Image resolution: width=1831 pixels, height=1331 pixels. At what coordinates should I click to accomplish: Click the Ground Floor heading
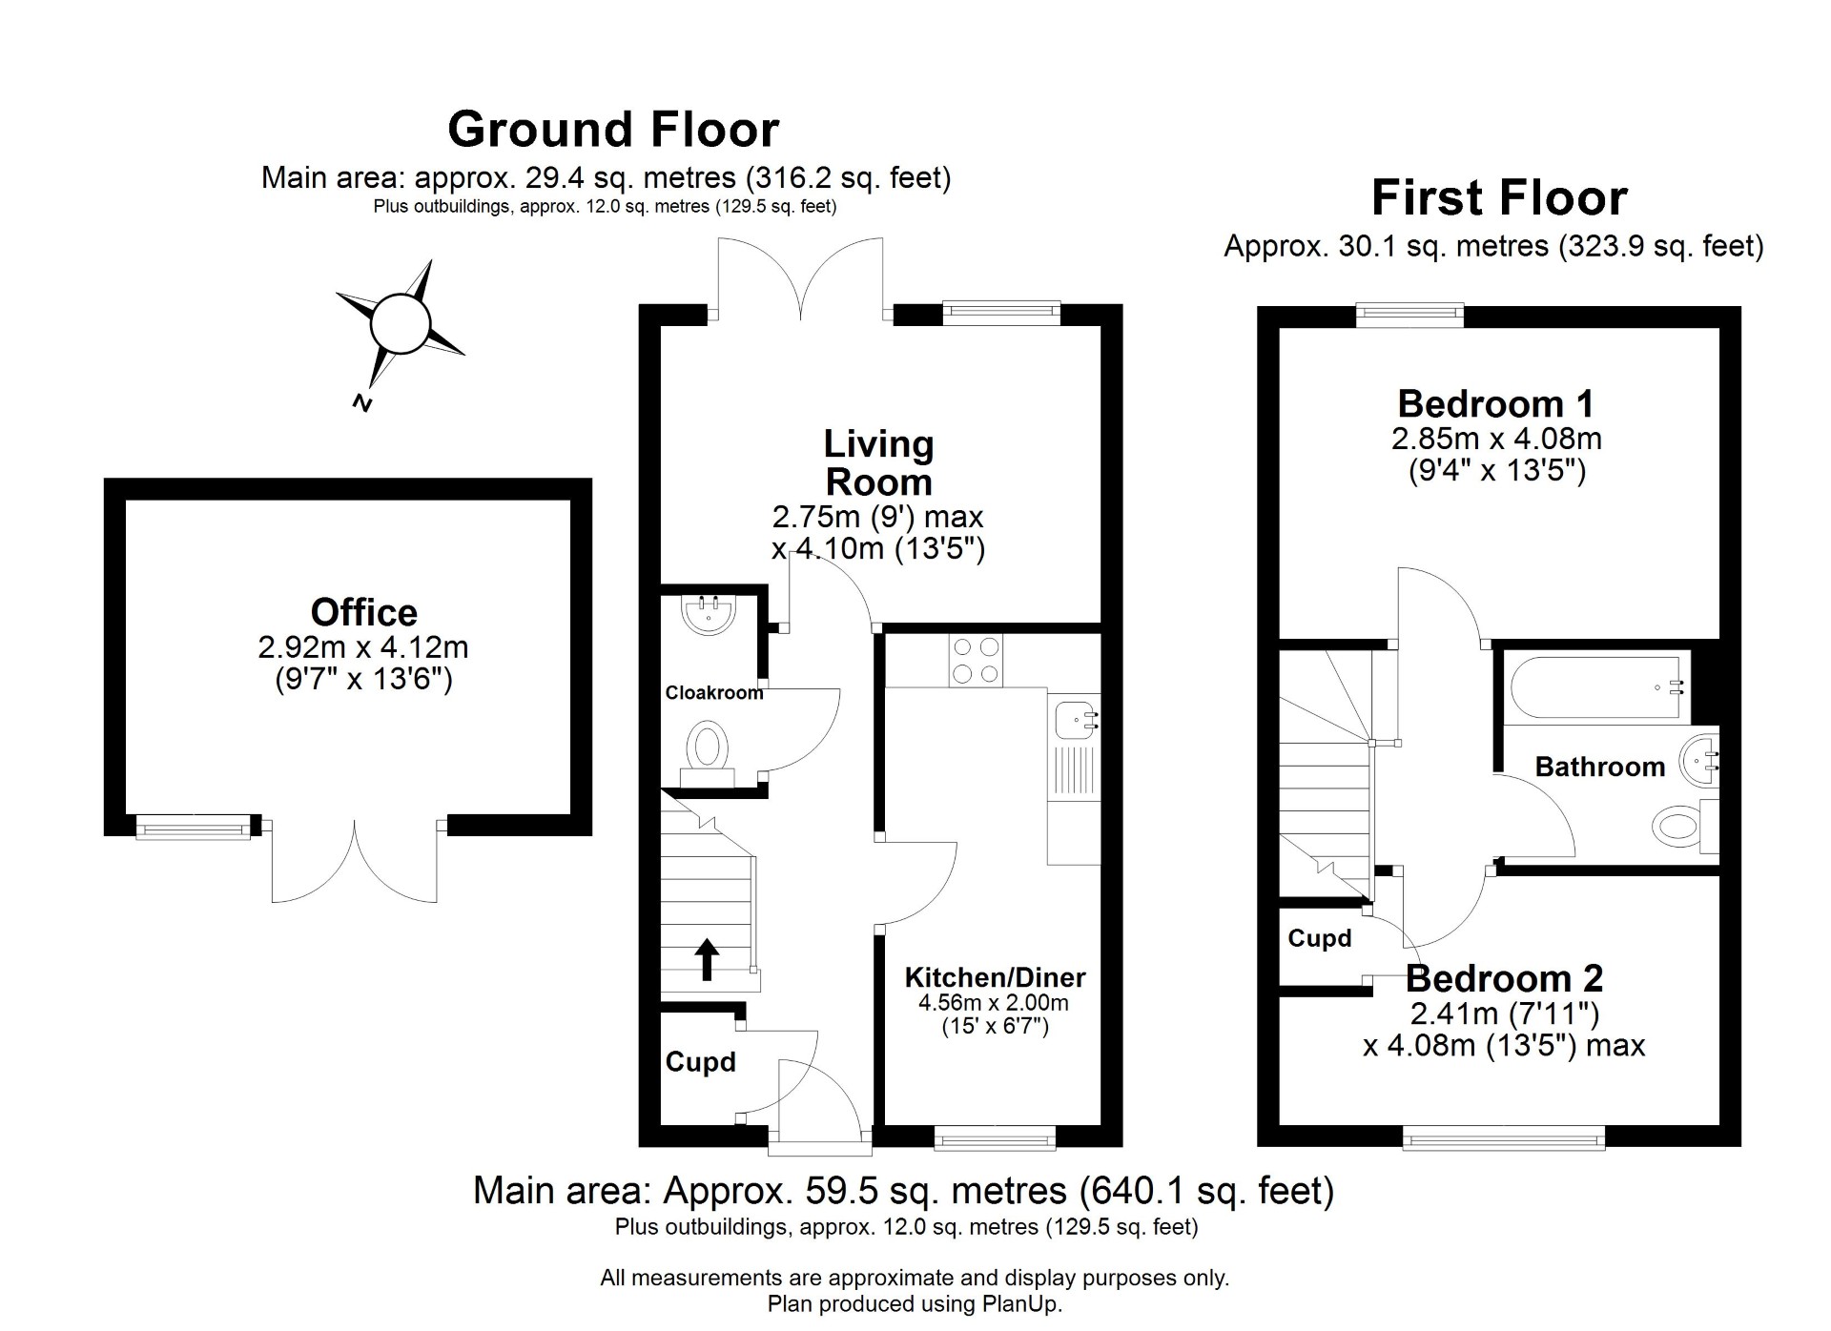pos(613,130)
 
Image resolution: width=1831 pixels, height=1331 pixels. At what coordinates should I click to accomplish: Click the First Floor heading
pos(1499,198)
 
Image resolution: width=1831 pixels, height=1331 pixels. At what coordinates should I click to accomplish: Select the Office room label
pos(364,612)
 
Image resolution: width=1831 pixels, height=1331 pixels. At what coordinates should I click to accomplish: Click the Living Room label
pos(878,462)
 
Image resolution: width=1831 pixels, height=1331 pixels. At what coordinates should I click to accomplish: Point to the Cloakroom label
pos(714,693)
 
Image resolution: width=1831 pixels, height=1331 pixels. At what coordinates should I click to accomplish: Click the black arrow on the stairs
pos(707,958)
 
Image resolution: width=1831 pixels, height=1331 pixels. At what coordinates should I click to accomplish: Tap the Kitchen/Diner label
pos(995,977)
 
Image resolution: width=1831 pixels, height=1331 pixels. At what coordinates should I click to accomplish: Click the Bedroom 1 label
pos(1495,404)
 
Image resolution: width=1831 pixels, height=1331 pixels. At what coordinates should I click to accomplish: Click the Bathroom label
pos(1600,767)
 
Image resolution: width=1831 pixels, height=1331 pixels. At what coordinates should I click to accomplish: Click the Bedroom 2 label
pos(1504,978)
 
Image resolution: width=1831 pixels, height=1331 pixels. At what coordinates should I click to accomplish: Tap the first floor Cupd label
pos(1320,938)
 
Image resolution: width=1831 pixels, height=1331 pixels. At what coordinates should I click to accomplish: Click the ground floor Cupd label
pos(701,1062)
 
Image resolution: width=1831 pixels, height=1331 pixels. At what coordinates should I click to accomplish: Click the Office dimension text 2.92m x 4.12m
pos(363,648)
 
